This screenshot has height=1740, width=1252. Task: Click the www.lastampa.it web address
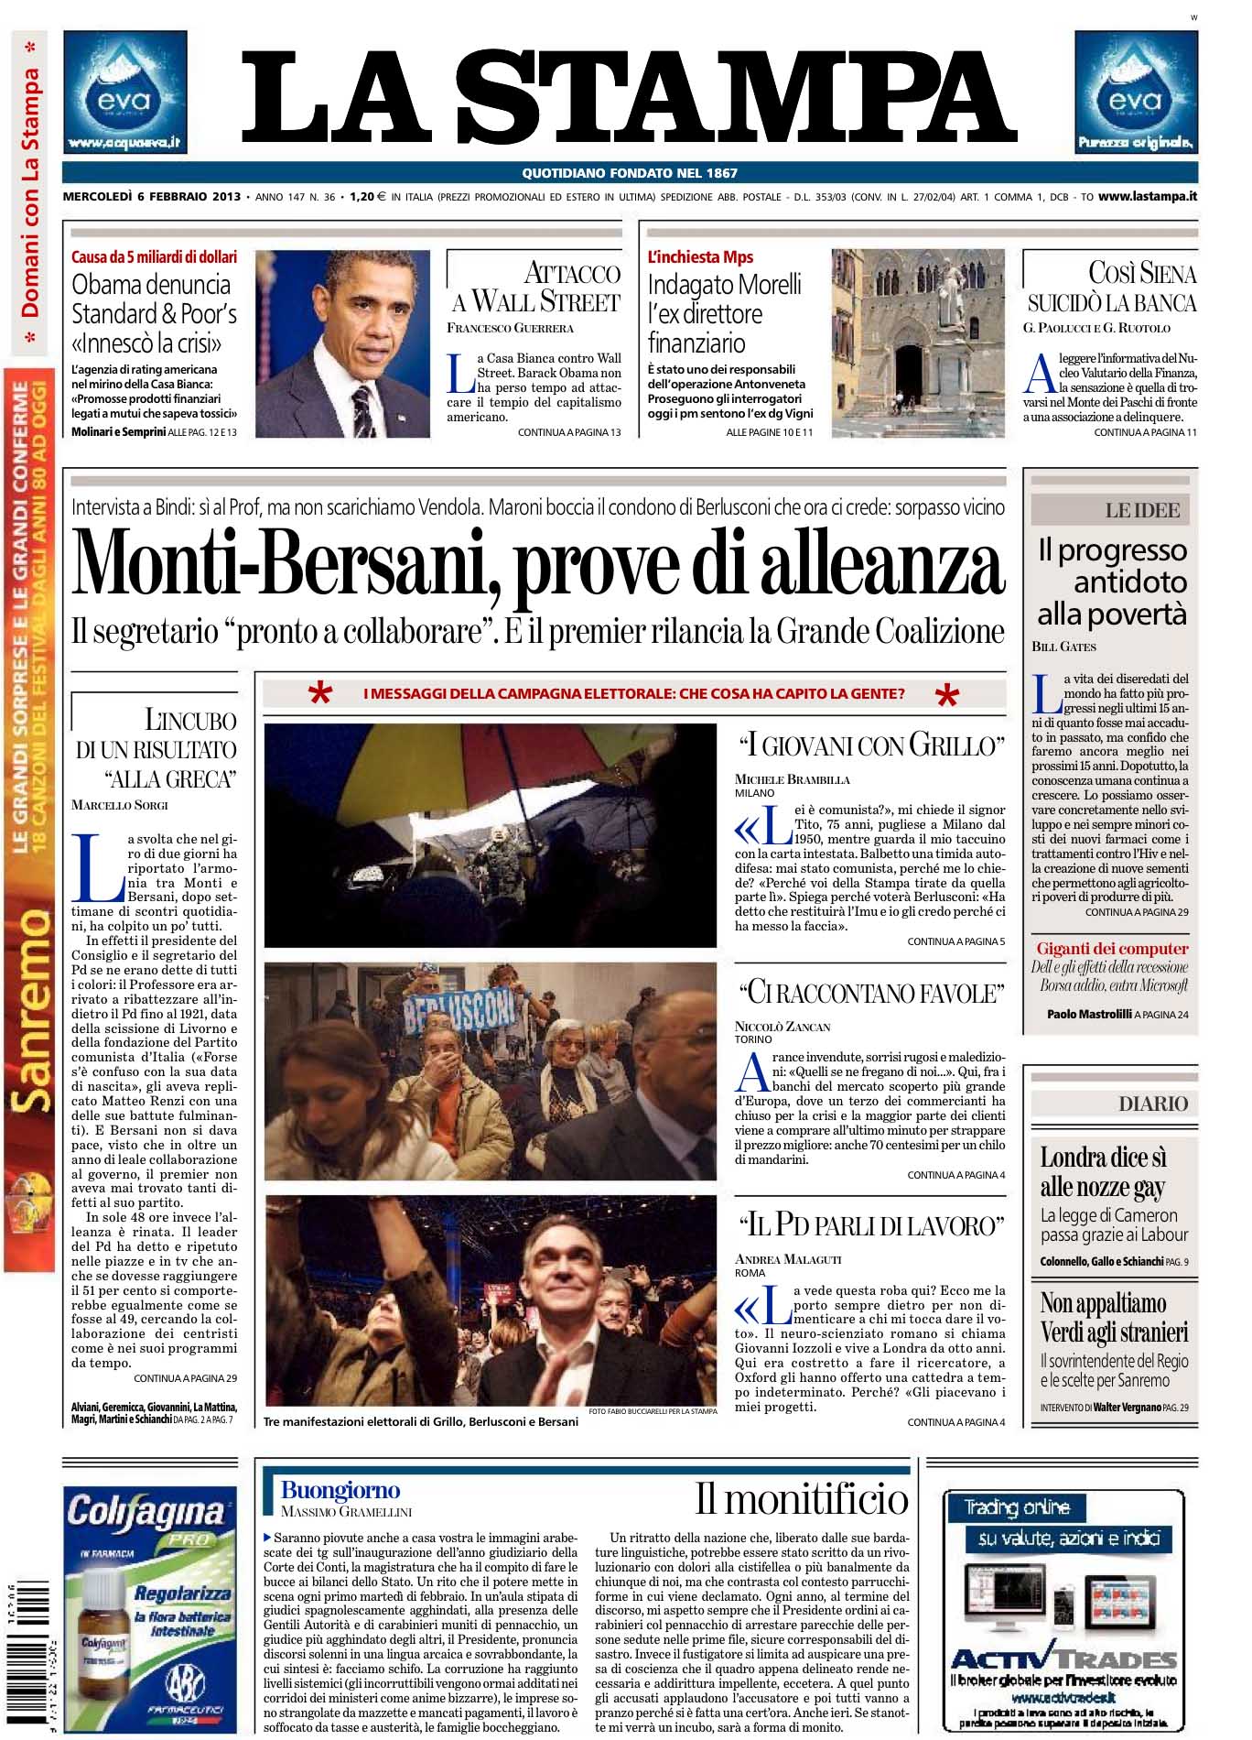1148,196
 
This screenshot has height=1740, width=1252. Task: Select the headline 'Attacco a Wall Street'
536,287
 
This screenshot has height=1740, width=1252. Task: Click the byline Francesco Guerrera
510,328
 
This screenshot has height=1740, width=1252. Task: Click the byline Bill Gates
1063,647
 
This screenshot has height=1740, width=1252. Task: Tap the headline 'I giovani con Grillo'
870,746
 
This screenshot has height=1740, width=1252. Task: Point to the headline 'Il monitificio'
802,1499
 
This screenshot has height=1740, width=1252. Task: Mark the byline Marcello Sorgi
119,805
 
